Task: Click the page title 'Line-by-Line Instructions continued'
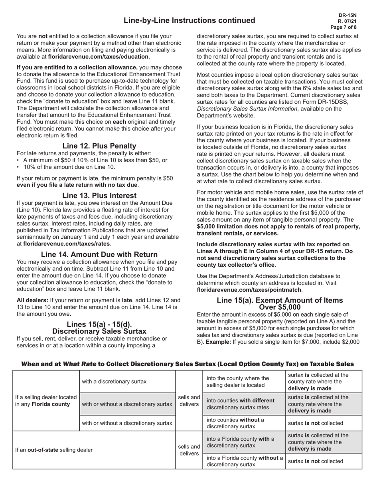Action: (189, 20)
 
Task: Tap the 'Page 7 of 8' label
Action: (344, 27)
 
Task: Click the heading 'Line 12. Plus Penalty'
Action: (99, 146)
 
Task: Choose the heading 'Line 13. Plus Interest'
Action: (99, 196)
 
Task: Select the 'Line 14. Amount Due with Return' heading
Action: (99, 254)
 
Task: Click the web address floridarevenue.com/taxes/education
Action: (99, 57)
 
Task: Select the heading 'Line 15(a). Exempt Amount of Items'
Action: (280, 300)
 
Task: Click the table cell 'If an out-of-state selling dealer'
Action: (54, 450)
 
